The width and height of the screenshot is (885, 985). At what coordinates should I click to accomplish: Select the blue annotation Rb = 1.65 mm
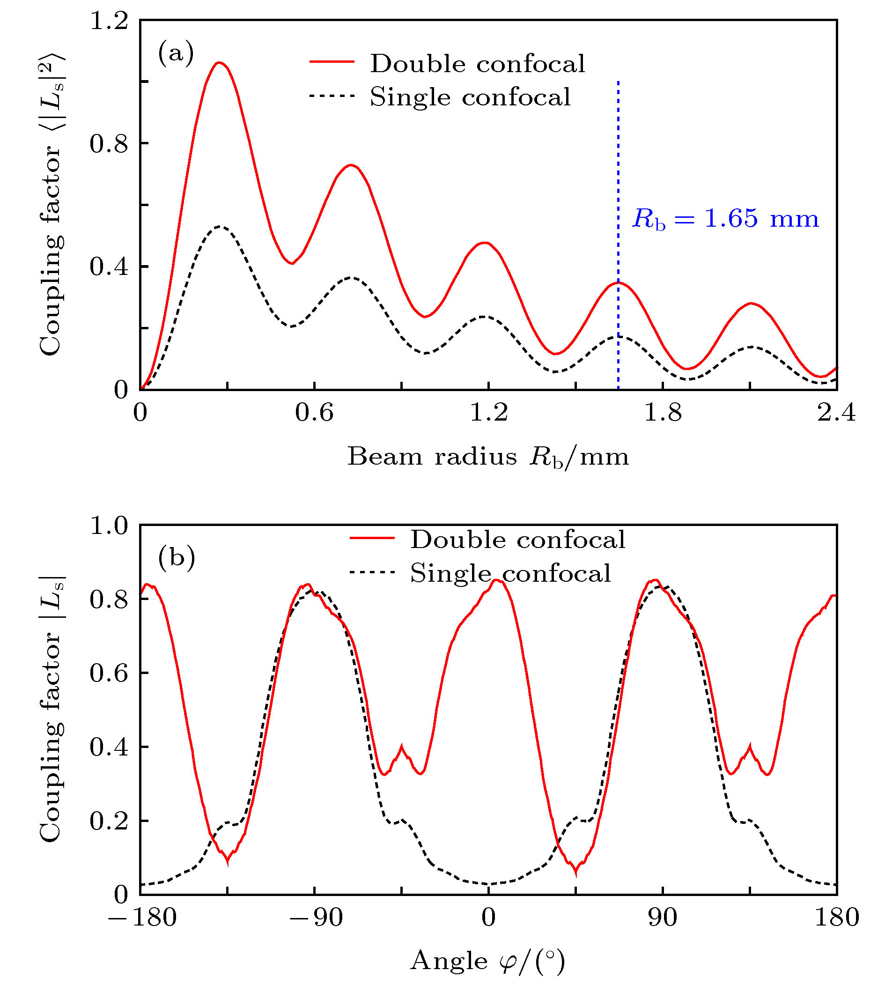(x=725, y=219)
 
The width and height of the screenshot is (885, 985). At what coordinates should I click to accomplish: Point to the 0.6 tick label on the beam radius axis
(x=314, y=413)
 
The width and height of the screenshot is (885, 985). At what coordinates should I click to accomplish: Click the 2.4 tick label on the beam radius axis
(x=836, y=413)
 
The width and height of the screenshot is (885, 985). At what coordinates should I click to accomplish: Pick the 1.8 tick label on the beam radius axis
(x=662, y=413)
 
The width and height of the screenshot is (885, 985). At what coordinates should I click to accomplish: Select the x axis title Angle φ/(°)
(x=488, y=961)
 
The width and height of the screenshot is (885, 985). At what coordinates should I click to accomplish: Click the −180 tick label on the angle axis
(x=141, y=918)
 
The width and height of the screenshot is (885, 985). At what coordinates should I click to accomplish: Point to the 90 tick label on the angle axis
(x=662, y=918)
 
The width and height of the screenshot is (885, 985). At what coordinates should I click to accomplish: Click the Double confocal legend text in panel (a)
(x=478, y=64)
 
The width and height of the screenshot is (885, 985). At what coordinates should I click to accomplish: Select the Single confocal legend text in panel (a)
(x=470, y=97)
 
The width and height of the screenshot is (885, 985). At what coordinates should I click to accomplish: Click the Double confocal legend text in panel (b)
(x=518, y=540)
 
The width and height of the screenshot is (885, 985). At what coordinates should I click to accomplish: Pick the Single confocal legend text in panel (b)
(x=510, y=573)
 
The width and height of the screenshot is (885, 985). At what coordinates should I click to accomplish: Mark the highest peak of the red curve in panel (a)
(x=219, y=62)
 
